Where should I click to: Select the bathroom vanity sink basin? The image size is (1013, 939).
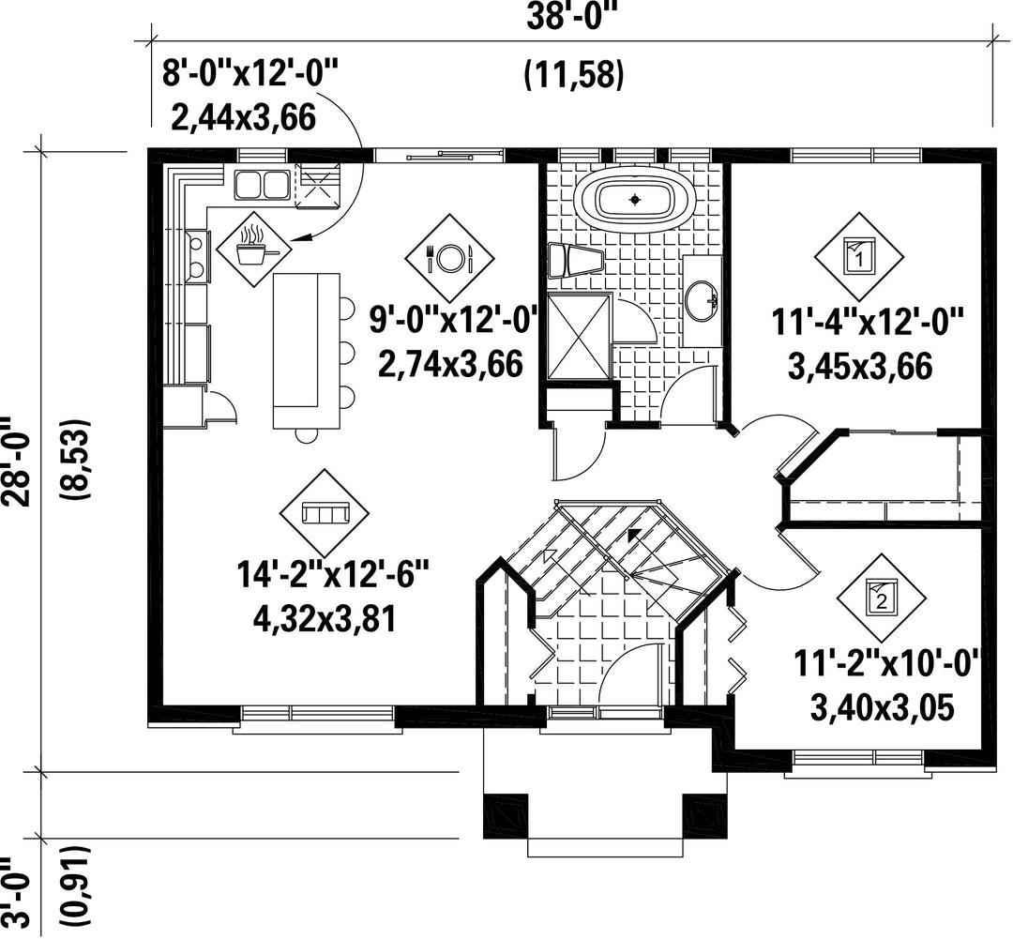coord(702,300)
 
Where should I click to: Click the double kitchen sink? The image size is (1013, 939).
coord(261,184)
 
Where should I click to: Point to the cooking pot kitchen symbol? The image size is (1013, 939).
coord(253,249)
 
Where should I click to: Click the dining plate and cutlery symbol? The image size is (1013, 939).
coord(449,258)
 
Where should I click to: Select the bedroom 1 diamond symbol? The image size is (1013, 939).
coord(858,256)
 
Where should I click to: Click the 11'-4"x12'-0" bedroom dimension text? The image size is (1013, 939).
coord(869,321)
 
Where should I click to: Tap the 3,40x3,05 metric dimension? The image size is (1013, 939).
coord(882,708)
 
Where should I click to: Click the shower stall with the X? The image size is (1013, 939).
coord(579,336)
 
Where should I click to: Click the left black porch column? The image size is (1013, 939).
coord(506,815)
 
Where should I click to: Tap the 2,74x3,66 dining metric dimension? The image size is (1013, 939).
coord(450,365)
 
